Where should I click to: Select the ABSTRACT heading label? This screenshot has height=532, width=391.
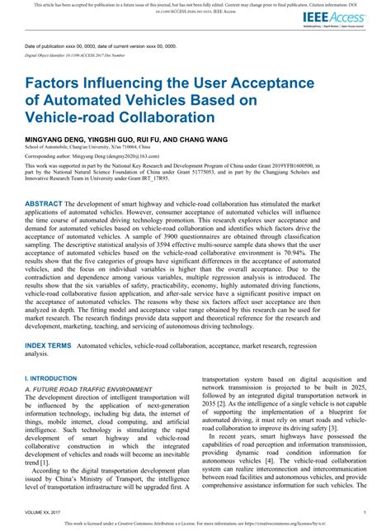point(48,202)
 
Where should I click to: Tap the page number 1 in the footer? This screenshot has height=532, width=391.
point(364,512)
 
